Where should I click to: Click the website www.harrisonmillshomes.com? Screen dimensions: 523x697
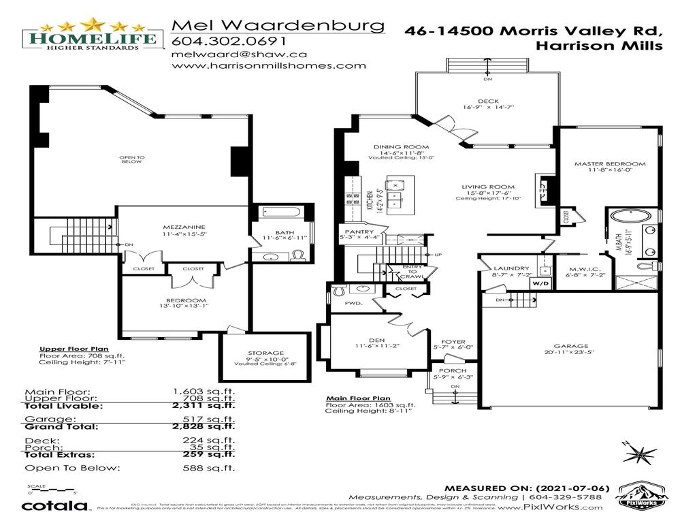(269, 66)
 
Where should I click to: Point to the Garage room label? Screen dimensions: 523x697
(571, 346)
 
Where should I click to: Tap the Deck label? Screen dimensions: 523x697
(487, 101)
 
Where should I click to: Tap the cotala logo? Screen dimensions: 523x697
(55, 506)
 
